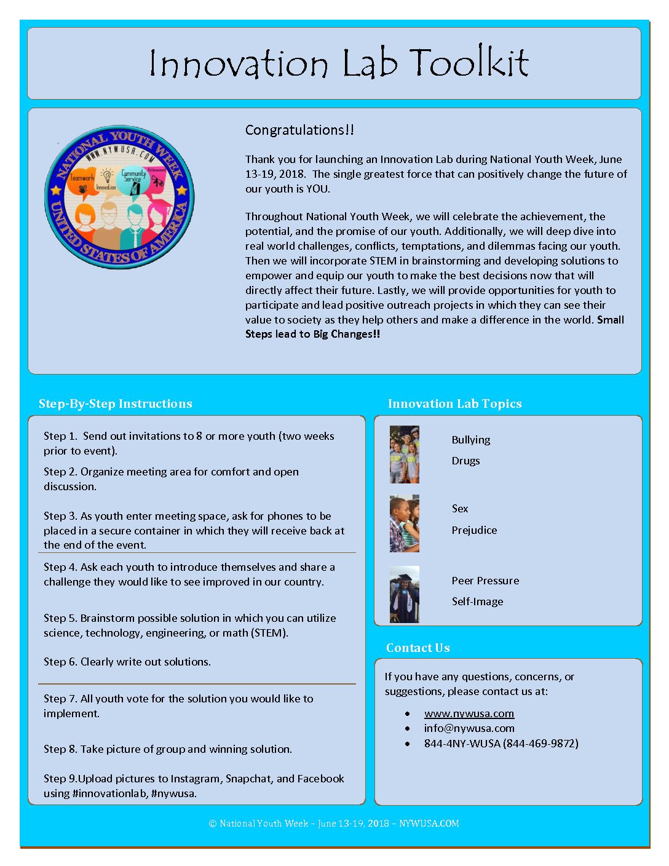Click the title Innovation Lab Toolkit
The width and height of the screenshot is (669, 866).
pos(339,63)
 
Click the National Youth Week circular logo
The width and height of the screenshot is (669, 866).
pos(119,197)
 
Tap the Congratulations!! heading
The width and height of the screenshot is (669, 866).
pos(299,130)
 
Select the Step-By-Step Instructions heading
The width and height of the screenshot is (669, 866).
pos(115,403)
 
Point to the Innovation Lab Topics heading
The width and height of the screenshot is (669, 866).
pos(454,403)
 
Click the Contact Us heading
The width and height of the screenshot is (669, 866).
pos(418,648)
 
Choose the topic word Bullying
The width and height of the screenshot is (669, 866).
pos(471,440)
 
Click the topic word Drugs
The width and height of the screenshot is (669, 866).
pos(465,461)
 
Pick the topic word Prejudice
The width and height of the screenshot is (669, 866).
pos(474,530)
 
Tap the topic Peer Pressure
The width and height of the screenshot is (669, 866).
pos(485,581)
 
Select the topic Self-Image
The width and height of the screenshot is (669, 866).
pos(477,602)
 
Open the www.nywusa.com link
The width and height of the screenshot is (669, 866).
pos(469,713)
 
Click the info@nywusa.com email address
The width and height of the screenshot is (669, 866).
pos(469,728)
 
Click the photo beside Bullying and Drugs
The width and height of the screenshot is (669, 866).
pos(404,455)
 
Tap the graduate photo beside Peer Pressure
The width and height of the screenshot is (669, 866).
pos(404,594)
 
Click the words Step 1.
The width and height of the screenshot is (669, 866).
pos(60,436)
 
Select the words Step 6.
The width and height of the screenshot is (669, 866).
pos(60,662)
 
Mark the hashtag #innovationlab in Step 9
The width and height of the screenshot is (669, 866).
pos(109,793)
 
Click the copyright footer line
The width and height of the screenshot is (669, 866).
pos(334,824)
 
